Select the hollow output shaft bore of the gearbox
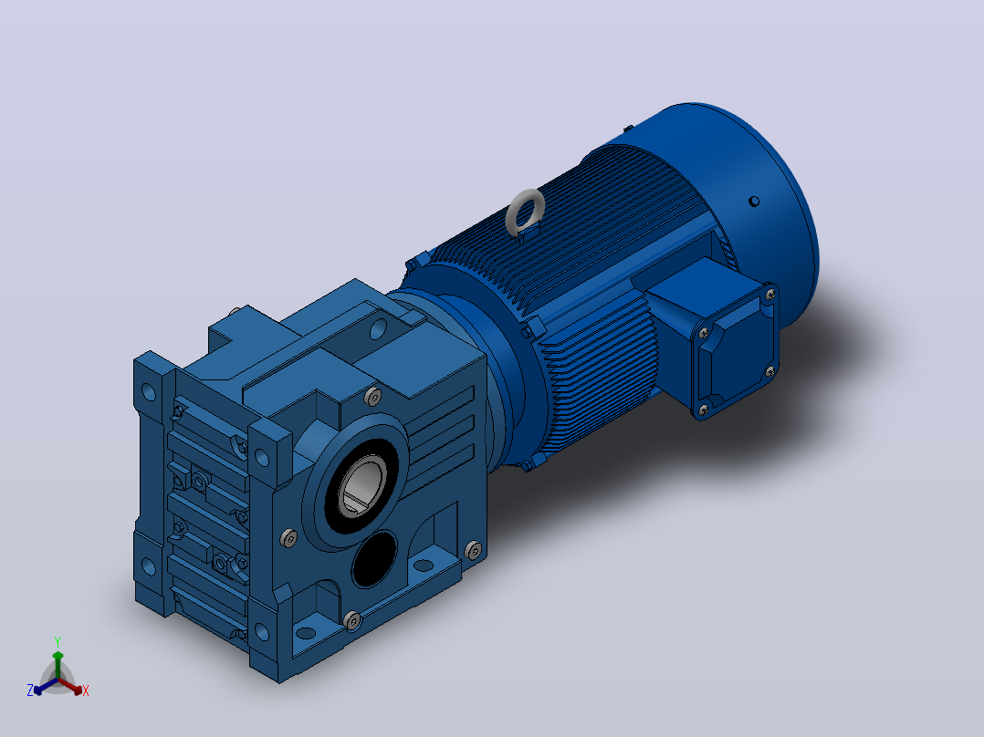[x=362, y=485]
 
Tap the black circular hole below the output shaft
[x=374, y=558]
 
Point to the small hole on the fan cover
[x=754, y=202]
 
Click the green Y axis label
[x=58, y=642]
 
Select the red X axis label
[x=86, y=690]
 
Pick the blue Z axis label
[x=30, y=690]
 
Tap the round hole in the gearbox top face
[x=379, y=328]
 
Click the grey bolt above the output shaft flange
[x=372, y=397]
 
